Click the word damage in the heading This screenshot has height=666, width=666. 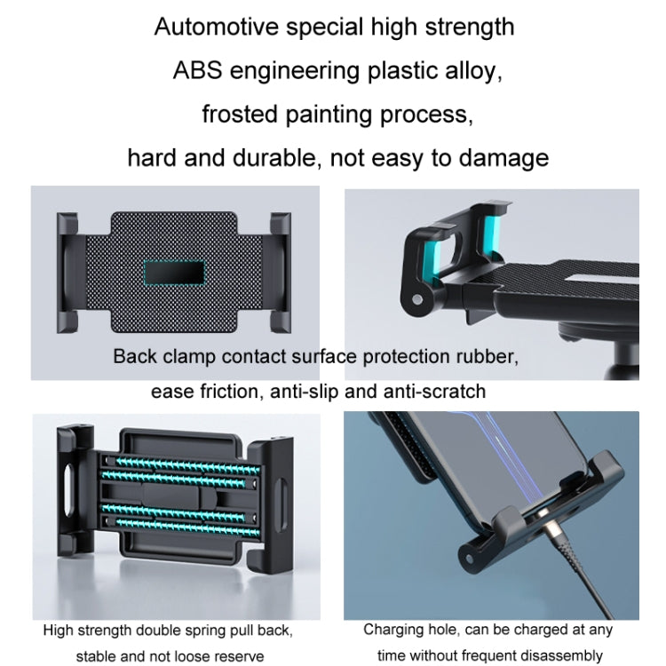point(503,158)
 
